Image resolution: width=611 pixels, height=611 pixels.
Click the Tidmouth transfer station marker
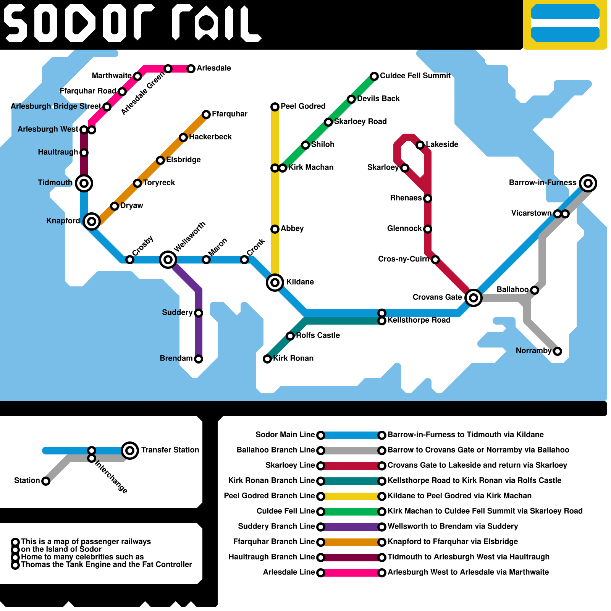click(84, 183)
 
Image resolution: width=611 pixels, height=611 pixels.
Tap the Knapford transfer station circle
click(92, 221)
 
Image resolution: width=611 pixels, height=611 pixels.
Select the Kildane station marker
click(275, 283)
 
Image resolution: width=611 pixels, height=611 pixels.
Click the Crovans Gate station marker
click(473, 297)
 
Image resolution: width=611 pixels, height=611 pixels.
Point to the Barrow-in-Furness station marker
click(588, 183)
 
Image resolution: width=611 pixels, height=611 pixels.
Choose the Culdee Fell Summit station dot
click(374, 76)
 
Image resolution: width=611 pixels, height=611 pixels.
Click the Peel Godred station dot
click(275, 107)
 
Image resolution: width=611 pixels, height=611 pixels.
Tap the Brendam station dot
click(199, 359)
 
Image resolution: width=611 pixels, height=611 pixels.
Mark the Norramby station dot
click(558, 351)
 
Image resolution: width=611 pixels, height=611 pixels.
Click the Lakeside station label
click(442, 144)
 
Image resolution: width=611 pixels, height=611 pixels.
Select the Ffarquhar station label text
click(230, 114)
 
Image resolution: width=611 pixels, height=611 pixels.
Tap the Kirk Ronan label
click(293, 358)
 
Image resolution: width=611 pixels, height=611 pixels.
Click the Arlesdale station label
click(214, 68)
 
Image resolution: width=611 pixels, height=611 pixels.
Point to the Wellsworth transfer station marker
click(168, 260)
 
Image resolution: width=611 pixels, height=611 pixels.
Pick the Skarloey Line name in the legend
click(290, 465)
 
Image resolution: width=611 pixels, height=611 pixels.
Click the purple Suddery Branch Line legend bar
click(351, 527)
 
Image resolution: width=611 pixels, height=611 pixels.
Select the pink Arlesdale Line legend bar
click(351, 573)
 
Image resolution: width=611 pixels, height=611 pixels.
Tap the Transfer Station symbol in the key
click(130, 451)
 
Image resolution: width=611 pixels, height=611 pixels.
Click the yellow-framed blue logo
click(565, 23)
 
